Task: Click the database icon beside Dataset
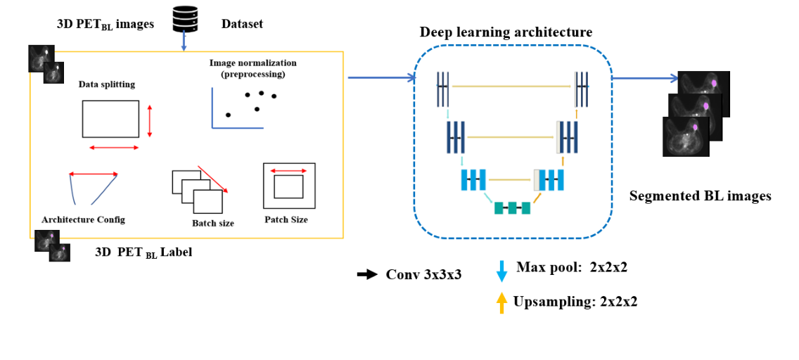[184, 22]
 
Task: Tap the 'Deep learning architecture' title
[506, 32]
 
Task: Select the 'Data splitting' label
[107, 84]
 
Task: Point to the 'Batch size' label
[212, 223]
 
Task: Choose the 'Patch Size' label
[286, 219]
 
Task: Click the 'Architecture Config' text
[83, 219]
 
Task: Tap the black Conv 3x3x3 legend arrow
[367, 274]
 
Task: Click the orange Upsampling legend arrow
[501, 302]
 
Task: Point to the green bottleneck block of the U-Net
[511, 207]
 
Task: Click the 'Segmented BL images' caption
[700, 196]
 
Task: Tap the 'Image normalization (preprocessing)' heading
[253, 68]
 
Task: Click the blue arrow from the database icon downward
[184, 43]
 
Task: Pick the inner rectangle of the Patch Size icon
[288, 186]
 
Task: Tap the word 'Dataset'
[242, 24]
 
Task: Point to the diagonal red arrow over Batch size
[212, 179]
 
